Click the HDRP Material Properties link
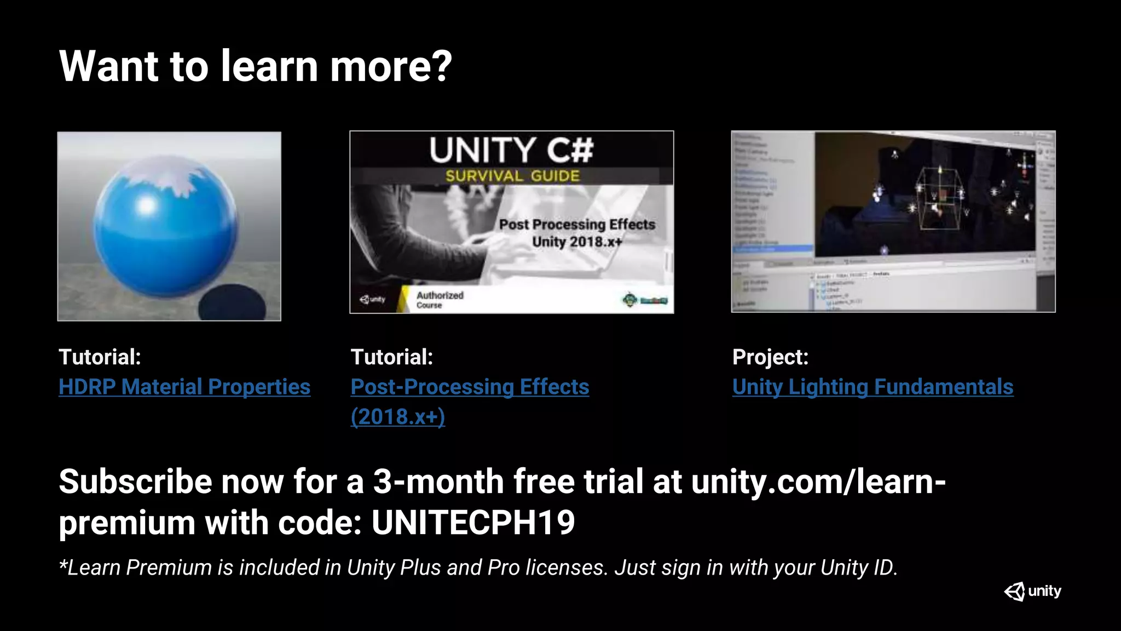[x=184, y=387]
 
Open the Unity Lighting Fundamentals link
[x=872, y=387]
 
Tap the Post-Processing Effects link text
[x=470, y=387]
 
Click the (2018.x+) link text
[x=397, y=417]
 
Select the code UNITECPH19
[x=473, y=523]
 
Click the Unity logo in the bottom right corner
[x=1032, y=592]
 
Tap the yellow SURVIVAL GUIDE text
[x=512, y=176]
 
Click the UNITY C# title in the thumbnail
[x=511, y=150]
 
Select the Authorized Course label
[x=440, y=300]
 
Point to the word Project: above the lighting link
[x=770, y=357]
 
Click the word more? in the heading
[x=391, y=66]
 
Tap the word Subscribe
[x=135, y=481]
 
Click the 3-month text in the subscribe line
[x=438, y=481]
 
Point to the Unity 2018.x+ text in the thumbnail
[x=576, y=242]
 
